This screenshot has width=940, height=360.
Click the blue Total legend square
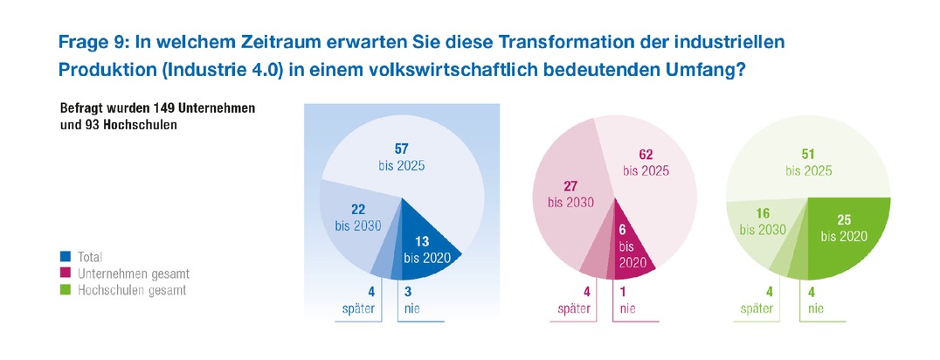pos(66,258)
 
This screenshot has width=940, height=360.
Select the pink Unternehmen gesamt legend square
pos(66,273)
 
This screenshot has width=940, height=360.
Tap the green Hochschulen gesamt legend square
pos(66,289)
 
